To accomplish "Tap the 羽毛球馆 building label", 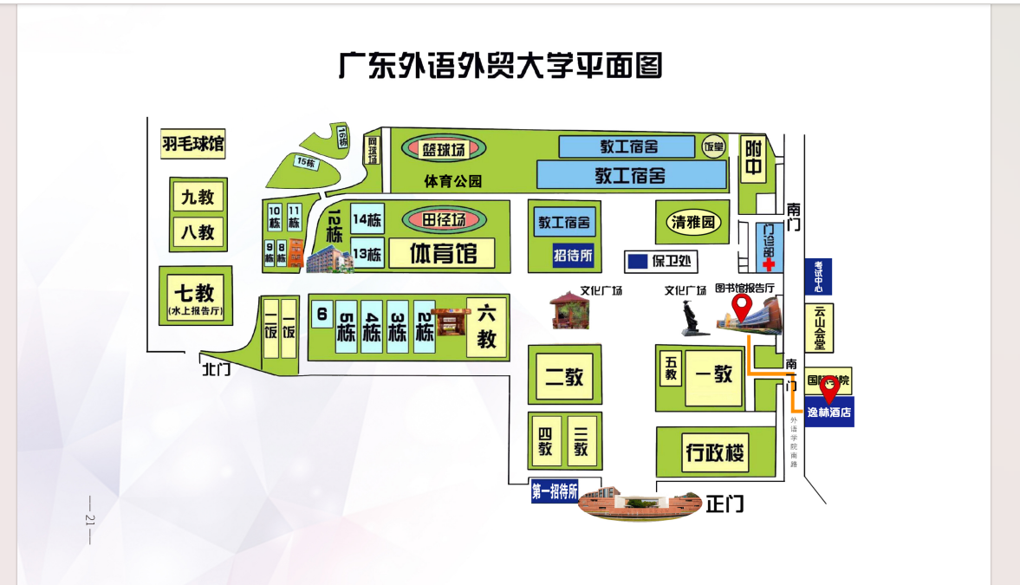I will pos(192,143).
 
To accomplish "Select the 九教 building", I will pos(198,198).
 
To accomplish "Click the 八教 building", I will pos(198,232).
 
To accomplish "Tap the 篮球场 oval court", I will pos(444,150).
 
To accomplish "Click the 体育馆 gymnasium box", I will pos(442,254).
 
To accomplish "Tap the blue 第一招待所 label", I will pos(554,491).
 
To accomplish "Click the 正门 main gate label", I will pos(724,504).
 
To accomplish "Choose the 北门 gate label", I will pos(215,369).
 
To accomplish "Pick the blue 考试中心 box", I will pos(818,276).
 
